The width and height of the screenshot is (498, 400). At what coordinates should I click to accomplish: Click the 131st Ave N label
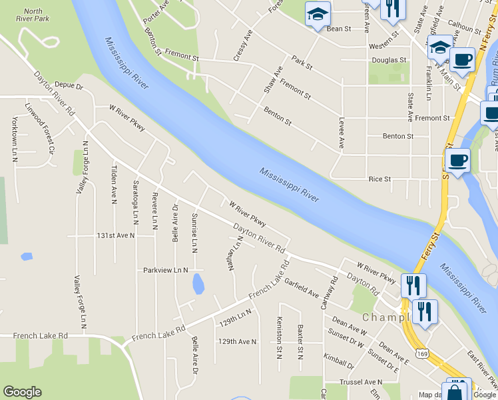tap(115, 235)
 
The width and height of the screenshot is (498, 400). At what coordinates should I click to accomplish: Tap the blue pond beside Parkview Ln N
tap(198, 283)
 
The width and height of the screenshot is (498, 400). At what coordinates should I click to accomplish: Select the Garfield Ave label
tap(302, 287)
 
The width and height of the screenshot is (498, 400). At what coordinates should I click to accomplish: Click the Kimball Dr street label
tap(339, 361)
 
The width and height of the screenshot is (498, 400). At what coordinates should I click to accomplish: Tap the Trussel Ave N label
tap(364, 382)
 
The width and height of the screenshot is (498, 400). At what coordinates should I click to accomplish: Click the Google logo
tap(22, 392)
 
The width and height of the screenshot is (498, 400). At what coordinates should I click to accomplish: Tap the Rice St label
tap(379, 179)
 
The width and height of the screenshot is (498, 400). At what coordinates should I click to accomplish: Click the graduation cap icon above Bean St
tap(318, 14)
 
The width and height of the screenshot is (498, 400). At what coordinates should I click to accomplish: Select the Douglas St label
tap(389, 60)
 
